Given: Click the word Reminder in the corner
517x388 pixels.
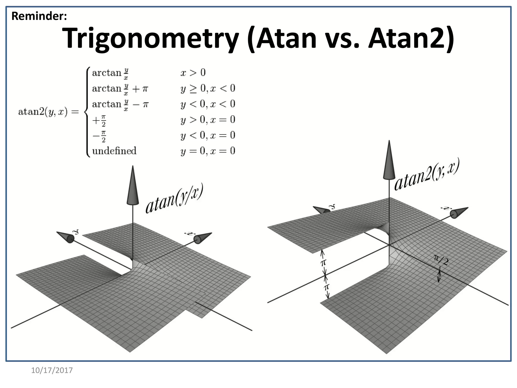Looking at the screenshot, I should [39, 16].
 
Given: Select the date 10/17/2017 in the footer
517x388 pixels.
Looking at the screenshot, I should [52, 370].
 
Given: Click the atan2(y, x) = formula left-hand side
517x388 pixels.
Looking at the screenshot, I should [48, 112].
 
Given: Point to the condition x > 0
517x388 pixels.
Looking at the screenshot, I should [193, 73].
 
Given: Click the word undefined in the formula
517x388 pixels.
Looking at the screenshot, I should [114, 151].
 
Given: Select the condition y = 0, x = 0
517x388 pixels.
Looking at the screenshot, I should [208, 151].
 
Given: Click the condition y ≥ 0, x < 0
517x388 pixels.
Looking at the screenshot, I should [208, 88].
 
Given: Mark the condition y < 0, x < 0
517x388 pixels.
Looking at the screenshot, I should [208, 104].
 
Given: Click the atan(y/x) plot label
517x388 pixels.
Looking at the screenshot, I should [174, 198].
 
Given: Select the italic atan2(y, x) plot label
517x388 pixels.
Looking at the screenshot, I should [427, 174].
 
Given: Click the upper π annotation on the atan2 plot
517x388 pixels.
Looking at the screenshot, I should [323, 263].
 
